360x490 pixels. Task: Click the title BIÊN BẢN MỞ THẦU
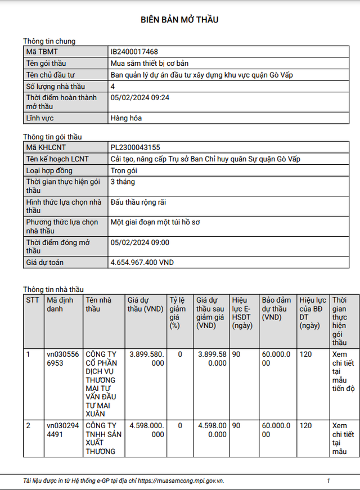click(x=179, y=20)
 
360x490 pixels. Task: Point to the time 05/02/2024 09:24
click(x=140, y=97)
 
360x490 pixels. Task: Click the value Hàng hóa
click(x=126, y=118)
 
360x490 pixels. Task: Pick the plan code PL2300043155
click(x=136, y=147)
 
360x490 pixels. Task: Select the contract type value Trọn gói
click(x=124, y=170)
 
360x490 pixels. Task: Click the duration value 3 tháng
click(x=123, y=182)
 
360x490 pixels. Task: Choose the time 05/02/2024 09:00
click(x=140, y=242)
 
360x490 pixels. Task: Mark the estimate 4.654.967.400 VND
click(x=142, y=263)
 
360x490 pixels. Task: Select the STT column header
click(x=33, y=300)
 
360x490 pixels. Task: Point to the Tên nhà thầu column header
click(x=98, y=304)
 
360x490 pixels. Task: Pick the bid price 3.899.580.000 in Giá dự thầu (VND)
click(x=146, y=358)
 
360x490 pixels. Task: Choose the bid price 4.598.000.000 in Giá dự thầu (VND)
click(x=146, y=430)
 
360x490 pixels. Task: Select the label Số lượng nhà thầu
click(x=55, y=86)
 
